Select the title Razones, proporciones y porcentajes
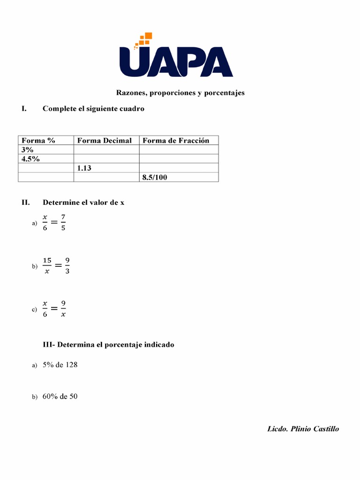(x=180, y=93)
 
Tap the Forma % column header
(x=38, y=140)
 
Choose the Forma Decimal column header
(x=105, y=140)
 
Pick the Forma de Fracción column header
(x=176, y=140)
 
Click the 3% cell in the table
(x=28, y=150)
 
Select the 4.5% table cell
(x=30, y=159)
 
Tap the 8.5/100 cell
(x=155, y=177)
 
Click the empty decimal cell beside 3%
(x=106, y=150)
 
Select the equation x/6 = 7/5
(x=54, y=223)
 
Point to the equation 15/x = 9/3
(x=56, y=266)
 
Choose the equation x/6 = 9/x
(x=54, y=309)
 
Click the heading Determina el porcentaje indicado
(x=108, y=345)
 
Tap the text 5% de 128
(x=60, y=365)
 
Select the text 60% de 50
(x=60, y=397)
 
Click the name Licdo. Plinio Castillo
(x=303, y=428)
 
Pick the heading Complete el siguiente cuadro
(x=93, y=109)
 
